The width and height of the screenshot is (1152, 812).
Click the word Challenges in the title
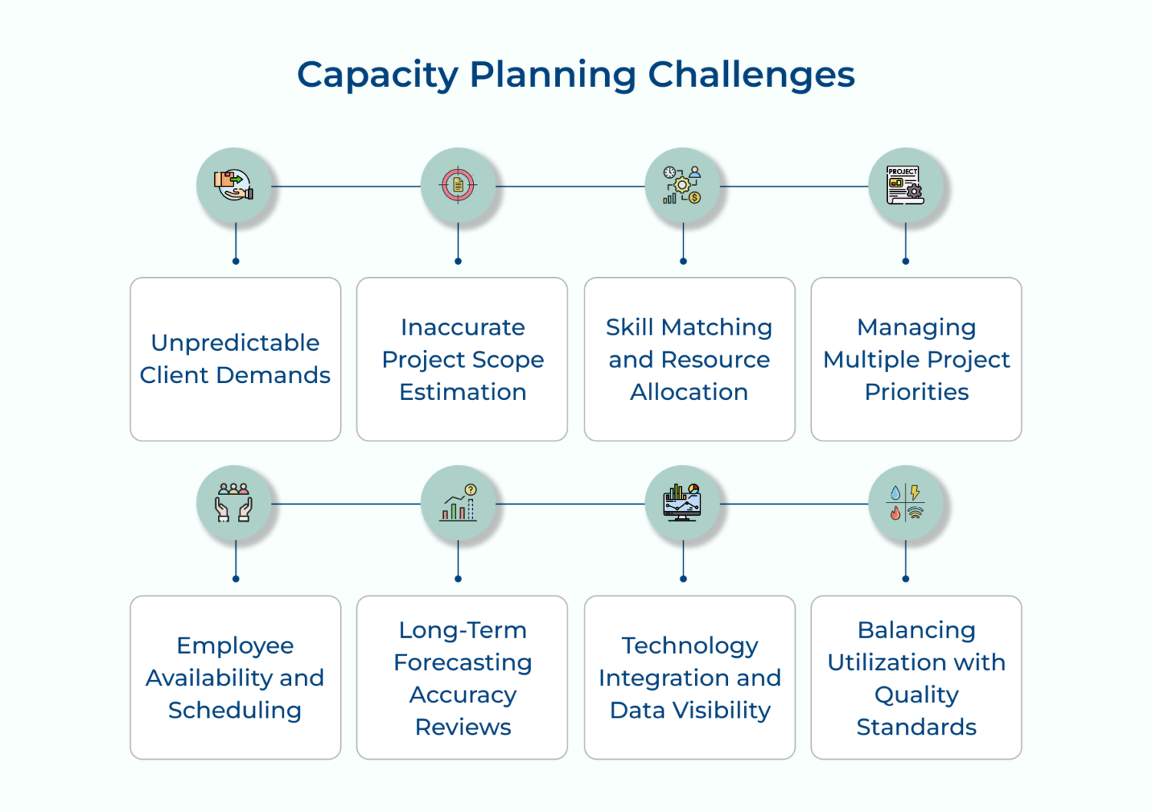(x=751, y=76)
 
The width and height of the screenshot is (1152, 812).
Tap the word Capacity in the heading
(x=378, y=76)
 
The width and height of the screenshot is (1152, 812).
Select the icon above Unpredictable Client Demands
(x=234, y=186)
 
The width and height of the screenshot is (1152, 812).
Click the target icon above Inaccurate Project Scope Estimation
(x=458, y=185)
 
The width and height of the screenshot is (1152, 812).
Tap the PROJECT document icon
(x=905, y=185)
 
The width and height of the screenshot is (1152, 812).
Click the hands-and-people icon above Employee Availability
(x=234, y=503)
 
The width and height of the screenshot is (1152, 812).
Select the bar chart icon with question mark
(x=458, y=503)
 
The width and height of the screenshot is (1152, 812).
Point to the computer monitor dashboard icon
(x=683, y=503)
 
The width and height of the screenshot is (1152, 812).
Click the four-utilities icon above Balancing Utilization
(x=905, y=503)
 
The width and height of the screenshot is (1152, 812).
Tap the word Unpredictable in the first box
(x=235, y=343)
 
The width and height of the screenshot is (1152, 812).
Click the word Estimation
(x=463, y=391)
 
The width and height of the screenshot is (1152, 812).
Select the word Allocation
(x=689, y=391)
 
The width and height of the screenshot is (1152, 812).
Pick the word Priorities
(x=916, y=391)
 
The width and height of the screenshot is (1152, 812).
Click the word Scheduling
(x=235, y=711)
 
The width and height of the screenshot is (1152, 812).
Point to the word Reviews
(x=463, y=727)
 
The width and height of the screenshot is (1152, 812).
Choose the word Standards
(x=916, y=727)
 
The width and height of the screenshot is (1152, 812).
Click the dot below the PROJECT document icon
(x=905, y=261)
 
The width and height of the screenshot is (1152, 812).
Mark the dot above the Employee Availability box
(x=236, y=579)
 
